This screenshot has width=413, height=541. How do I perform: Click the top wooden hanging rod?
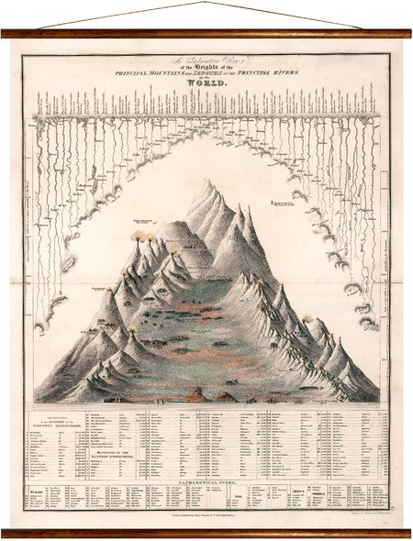coord(206,34)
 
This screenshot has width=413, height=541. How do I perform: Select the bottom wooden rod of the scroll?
coord(206,532)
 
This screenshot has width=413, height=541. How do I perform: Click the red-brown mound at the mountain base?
coord(195,394)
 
